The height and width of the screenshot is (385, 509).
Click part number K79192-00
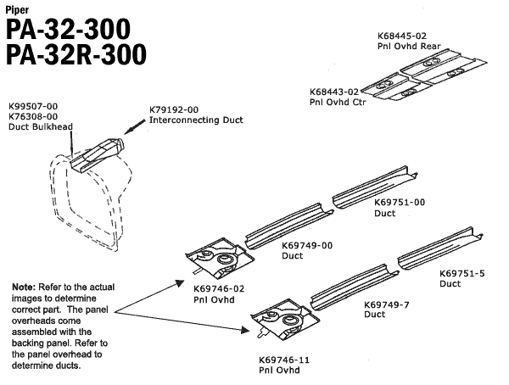tap(174, 110)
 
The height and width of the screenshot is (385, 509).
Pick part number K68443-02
tap(334, 91)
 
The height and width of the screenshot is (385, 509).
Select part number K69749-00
tap(306, 245)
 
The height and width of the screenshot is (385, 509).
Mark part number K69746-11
tap(284, 360)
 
